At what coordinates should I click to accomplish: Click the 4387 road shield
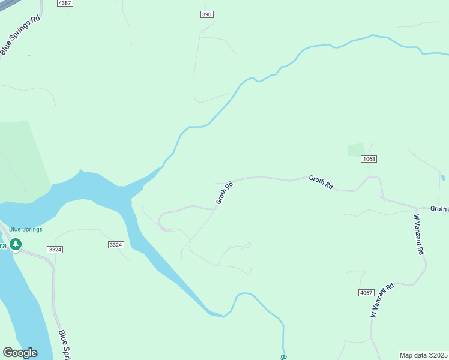click(65, 3)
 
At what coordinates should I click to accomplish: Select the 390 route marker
click(207, 14)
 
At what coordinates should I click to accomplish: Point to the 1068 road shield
click(369, 159)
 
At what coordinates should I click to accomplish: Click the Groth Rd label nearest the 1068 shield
click(321, 182)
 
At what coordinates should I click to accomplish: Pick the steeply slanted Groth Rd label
click(224, 193)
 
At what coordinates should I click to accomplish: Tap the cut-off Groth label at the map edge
click(439, 209)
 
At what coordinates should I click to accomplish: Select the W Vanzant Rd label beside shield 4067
click(381, 300)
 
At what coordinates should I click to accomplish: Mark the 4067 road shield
click(366, 292)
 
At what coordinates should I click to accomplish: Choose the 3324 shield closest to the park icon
click(55, 249)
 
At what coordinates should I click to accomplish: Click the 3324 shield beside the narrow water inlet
click(116, 245)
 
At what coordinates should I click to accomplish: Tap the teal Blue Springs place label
click(25, 229)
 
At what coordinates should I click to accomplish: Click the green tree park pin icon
click(16, 245)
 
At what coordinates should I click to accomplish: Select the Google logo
click(20, 353)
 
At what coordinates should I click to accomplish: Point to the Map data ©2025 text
click(424, 355)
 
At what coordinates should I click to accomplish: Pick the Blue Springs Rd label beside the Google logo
click(65, 344)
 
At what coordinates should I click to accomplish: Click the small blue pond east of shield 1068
click(443, 178)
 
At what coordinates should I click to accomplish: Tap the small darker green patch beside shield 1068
click(356, 149)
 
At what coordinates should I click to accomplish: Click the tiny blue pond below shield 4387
click(28, 56)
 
